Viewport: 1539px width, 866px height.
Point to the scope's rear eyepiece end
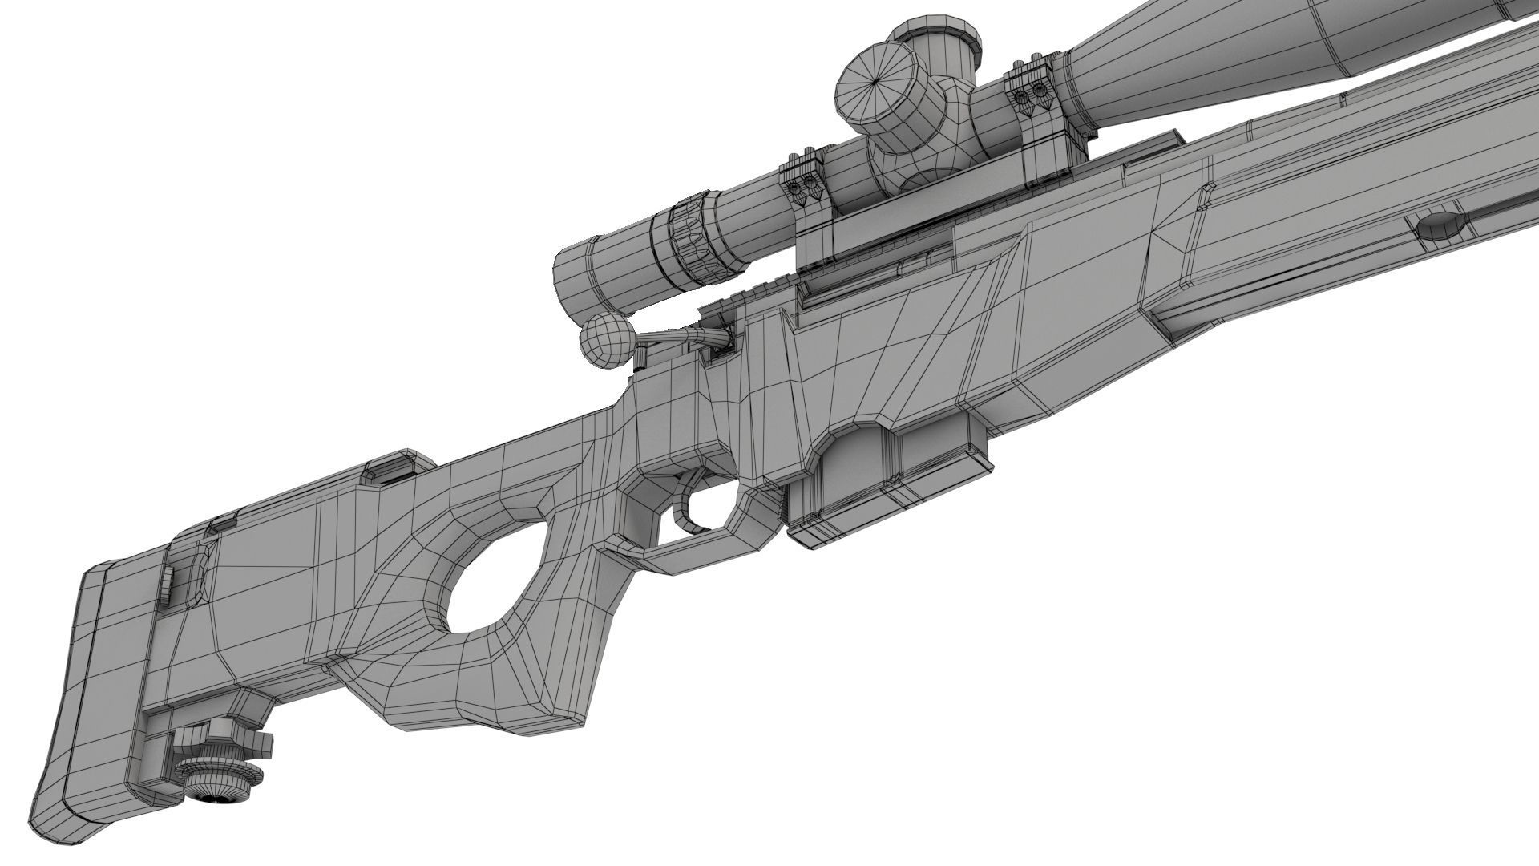pyautogui.click(x=574, y=277)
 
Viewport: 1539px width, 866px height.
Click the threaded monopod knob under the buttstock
pyautogui.click(x=217, y=774)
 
